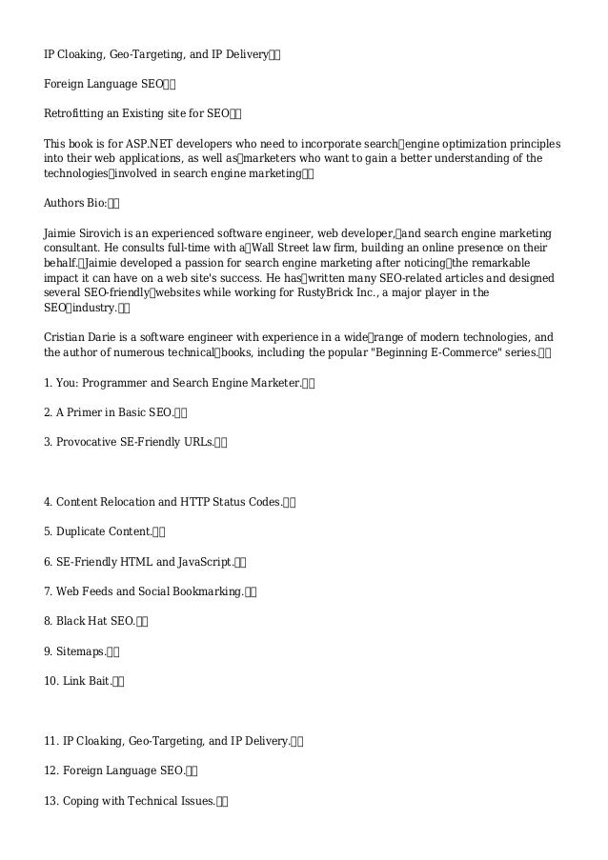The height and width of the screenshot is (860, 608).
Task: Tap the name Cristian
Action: [66, 338]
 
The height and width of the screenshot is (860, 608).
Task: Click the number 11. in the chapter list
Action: [52, 740]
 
